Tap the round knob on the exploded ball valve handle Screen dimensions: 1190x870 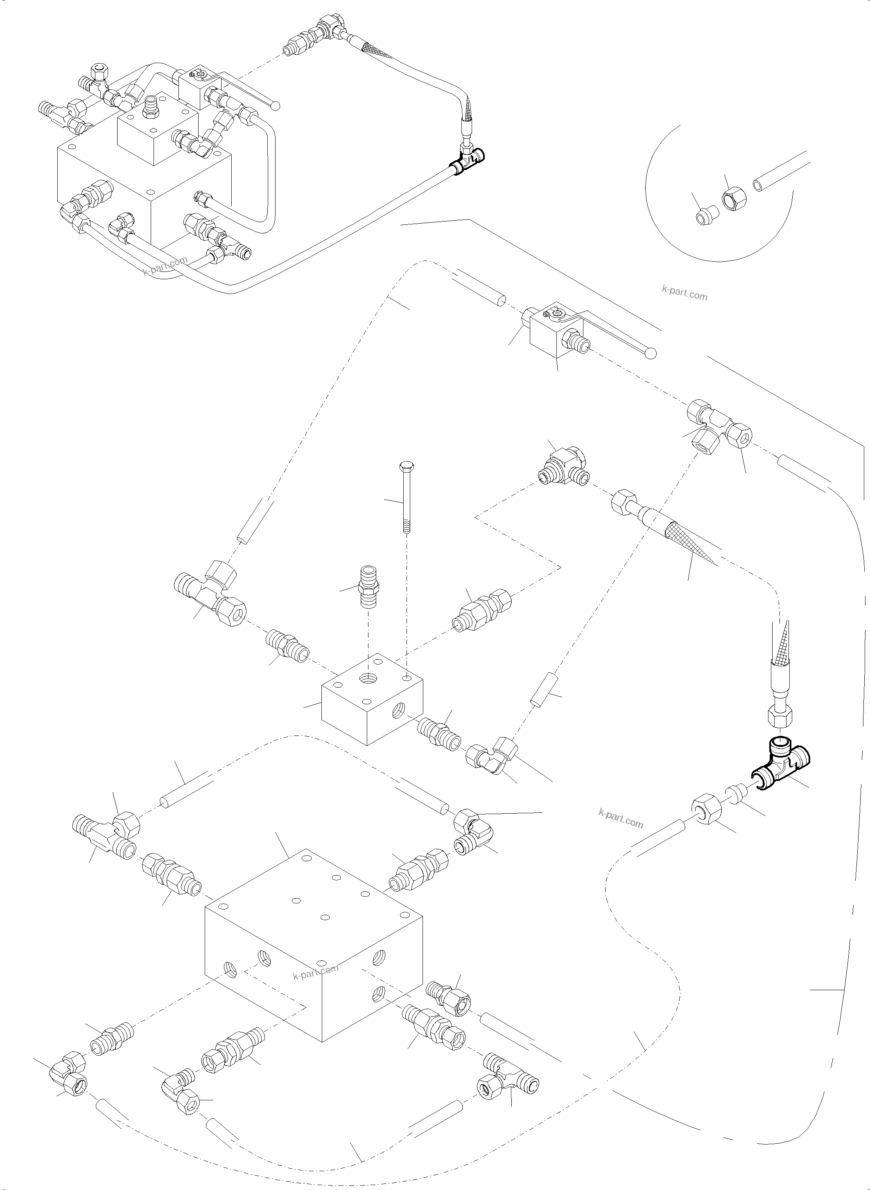651,353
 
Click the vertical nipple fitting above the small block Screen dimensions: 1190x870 368,586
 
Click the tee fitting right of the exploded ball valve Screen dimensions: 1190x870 719,427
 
